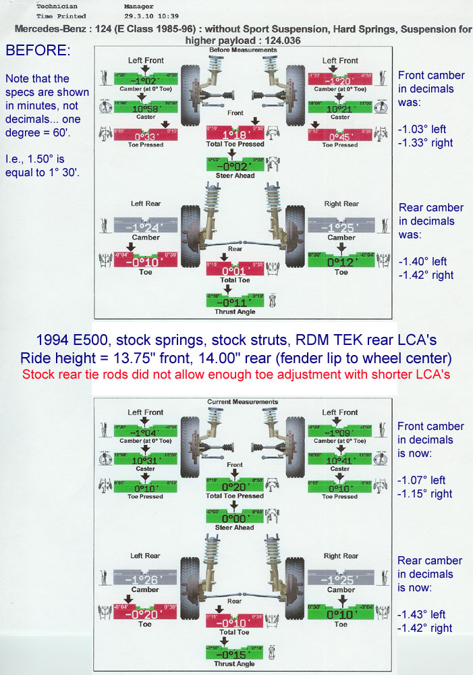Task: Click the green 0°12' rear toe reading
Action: (341, 262)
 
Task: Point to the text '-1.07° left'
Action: (421, 480)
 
